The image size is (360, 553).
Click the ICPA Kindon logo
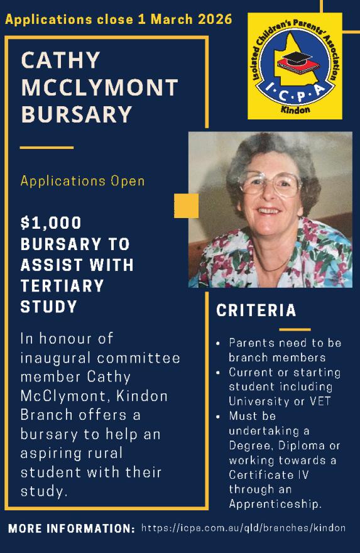(294, 66)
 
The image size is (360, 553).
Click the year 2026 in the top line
(212, 19)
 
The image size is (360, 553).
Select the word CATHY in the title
(61, 61)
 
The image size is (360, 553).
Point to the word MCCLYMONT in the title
(100, 88)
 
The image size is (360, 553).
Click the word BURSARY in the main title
(77, 115)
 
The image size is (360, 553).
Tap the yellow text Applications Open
(82, 181)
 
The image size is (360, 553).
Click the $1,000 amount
(51, 222)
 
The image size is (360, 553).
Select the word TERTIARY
(62, 286)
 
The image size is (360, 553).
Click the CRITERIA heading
(256, 310)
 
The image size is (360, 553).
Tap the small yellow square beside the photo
(186, 205)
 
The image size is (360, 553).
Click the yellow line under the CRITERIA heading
(295, 329)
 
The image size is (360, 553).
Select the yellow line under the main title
(46, 147)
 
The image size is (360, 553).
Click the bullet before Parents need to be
(217, 344)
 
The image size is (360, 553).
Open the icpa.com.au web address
(243, 528)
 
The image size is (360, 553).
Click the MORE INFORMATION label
(71, 528)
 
